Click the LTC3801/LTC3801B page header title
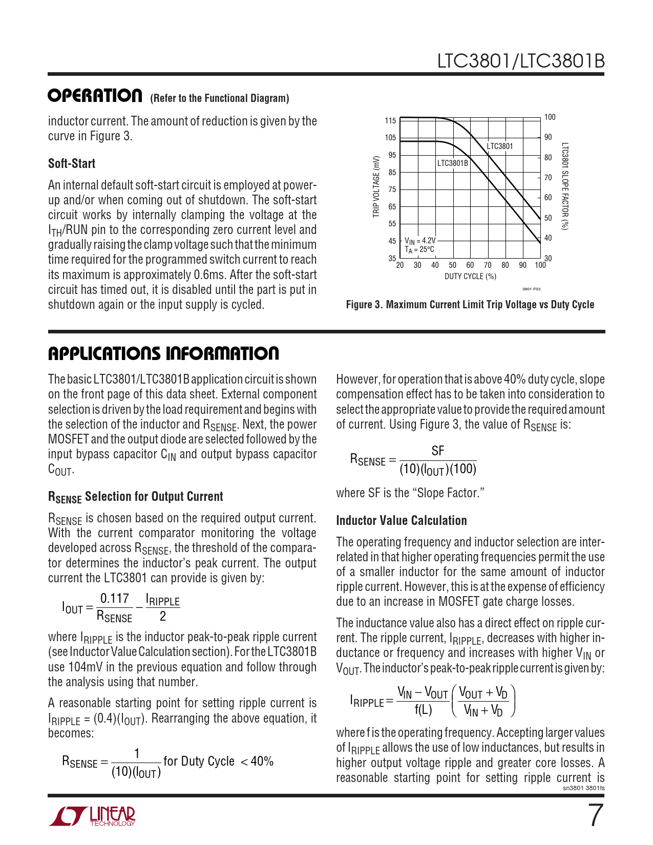tap(520, 61)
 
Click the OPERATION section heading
tap(95, 96)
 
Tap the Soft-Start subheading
tap(72, 163)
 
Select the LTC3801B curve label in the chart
tap(452, 163)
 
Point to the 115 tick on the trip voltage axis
tap(390, 121)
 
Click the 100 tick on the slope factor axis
tap(550, 117)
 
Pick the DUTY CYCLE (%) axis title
tap(470, 277)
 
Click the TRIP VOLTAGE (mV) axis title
tap(376, 187)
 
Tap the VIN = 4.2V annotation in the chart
tap(420, 240)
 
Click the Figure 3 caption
tap(470, 305)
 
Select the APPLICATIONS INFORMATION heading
tap(163, 353)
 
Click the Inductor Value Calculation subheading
tap(401, 521)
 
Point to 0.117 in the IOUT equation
tap(114, 598)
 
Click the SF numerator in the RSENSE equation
tap(438, 451)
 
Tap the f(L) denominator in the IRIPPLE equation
tap(423, 710)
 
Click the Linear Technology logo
tap(93, 816)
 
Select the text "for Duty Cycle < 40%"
tap(218, 762)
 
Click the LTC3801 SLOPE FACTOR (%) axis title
tap(564, 187)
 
